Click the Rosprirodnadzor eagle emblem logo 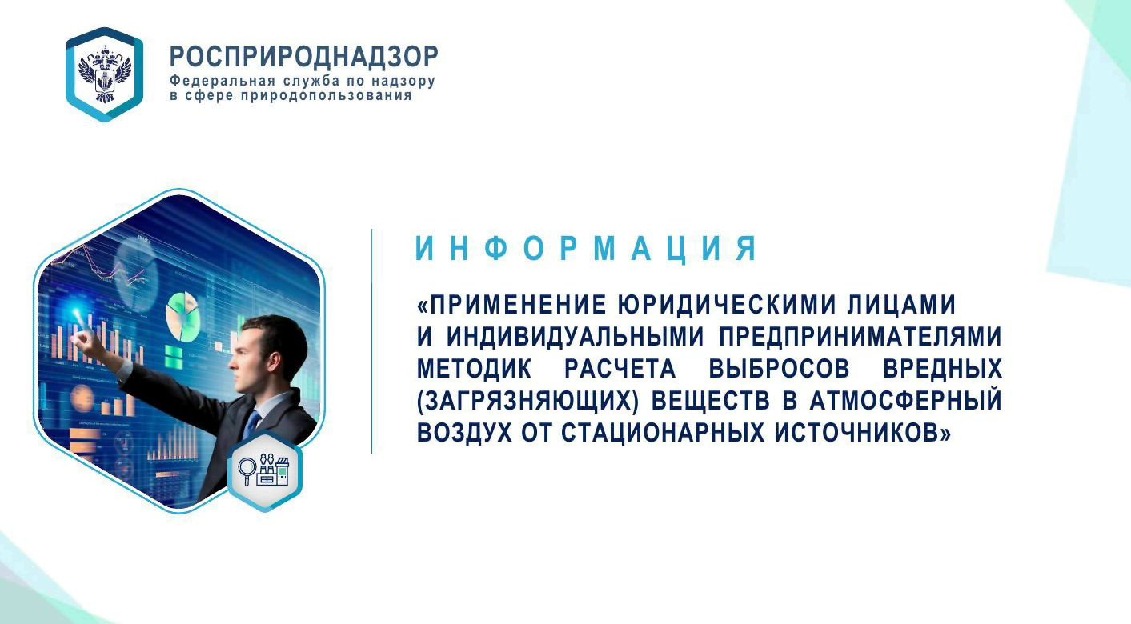click(104, 74)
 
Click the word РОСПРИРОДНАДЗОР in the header click(304, 57)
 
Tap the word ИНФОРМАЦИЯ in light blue click(586, 250)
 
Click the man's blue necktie click(251, 423)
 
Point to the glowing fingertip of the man click(78, 315)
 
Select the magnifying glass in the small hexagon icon click(247, 466)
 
